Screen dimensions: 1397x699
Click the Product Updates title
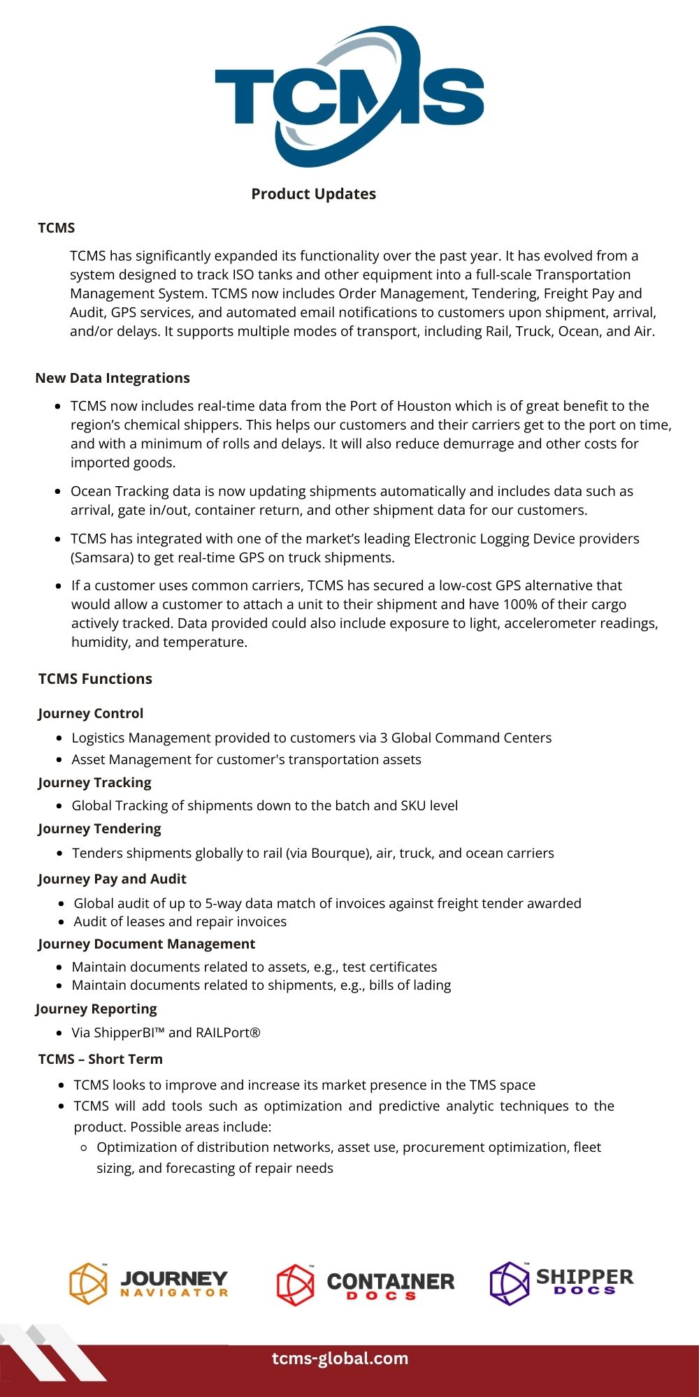(314, 194)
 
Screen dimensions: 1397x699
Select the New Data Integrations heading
(113, 378)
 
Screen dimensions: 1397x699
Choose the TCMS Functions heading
(95, 679)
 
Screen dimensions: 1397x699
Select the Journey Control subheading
(91, 713)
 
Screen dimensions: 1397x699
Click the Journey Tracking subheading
(94, 782)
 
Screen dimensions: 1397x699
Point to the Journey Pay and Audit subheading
(112, 879)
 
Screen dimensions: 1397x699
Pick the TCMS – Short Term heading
(100, 1059)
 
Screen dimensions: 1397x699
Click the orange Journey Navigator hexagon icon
(89, 1284)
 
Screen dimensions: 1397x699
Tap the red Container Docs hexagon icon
(296, 1285)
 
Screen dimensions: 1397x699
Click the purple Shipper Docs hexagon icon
(510, 1283)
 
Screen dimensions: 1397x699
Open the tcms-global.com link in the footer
(340, 1359)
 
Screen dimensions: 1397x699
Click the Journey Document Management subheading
(146, 944)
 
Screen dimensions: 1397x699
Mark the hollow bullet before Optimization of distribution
(84, 1148)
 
